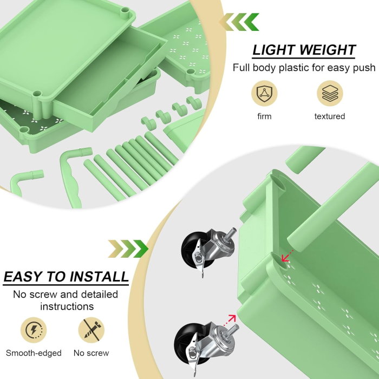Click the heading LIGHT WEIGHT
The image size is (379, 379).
pos(304,50)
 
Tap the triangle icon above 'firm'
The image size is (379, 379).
pos(264,93)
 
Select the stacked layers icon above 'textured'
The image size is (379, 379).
pos(329,93)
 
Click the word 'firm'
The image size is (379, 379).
pos(264,116)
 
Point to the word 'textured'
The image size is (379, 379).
pos(329,116)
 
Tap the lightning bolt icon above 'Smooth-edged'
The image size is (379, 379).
pos(34,329)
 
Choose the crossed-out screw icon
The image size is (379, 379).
pos(91,329)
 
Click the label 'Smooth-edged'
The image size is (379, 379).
pos(34,353)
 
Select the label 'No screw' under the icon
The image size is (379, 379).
pos(91,353)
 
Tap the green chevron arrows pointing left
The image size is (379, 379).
pos(239,22)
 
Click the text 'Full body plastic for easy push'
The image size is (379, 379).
pos(304,68)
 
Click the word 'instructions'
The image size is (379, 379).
pos(66,306)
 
